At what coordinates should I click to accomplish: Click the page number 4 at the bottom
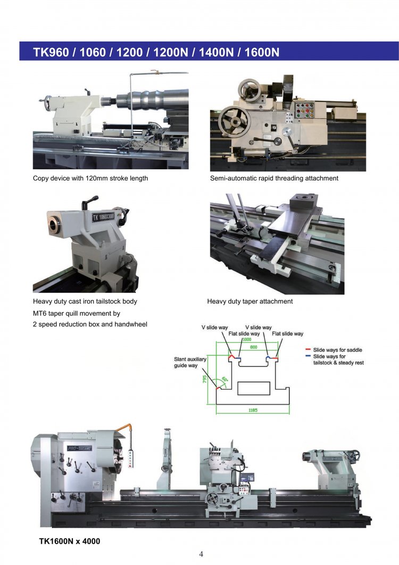(x=201, y=554)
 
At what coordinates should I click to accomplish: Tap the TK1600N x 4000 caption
(x=70, y=541)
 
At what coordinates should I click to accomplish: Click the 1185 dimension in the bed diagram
(x=253, y=410)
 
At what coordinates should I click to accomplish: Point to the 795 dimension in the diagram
(x=204, y=380)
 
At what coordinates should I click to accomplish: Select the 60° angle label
(x=225, y=380)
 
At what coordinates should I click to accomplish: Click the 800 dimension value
(x=254, y=347)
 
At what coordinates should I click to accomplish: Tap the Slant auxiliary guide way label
(x=190, y=362)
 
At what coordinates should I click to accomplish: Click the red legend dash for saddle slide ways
(x=308, y=349)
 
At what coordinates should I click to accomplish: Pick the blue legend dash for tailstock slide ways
(x=308, y=356)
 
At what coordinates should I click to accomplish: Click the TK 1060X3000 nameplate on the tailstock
(x=103, y=217)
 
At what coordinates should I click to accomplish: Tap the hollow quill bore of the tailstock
(x=53, y=225)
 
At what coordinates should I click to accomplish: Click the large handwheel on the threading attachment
(x=235, y=121)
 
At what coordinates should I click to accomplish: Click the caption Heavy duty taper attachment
(x=250, y=301)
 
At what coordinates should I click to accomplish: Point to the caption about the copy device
(x=90, y=178)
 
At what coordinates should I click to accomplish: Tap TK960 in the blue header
(x=51, y=52)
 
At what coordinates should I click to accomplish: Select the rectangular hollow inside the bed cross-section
(x=254, y=388)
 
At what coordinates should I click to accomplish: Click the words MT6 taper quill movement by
(x=77, y=314)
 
